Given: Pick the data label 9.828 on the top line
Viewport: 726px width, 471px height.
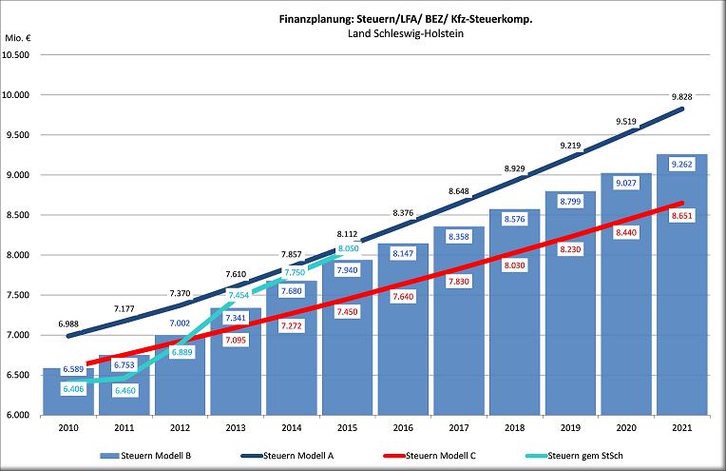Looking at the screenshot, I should click(x=680, y=97).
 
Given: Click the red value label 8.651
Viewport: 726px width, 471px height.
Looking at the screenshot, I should click(x=680, y=217).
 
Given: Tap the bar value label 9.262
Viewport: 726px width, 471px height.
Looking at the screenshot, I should click(x=680, y=164).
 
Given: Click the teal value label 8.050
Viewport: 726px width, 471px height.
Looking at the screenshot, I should click(x=348, y=245).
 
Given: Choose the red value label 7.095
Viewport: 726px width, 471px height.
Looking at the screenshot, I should click(x=235, y=339).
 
